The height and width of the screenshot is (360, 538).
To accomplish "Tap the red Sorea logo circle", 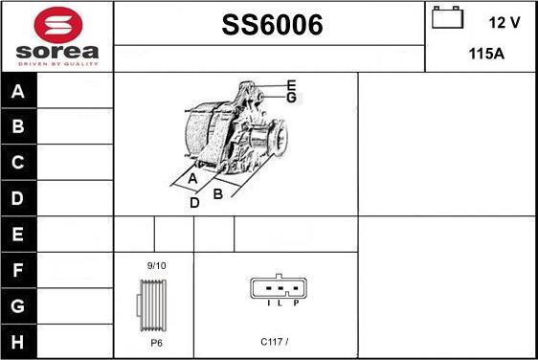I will [x=56, y=25].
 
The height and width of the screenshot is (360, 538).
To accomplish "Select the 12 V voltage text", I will [x=504, y=20].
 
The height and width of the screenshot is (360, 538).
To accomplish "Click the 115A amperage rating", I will [x=486, y=54].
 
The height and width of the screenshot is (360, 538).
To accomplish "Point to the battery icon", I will [x=447, y=18].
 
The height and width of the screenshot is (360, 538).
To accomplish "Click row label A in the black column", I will [x=18, y=92].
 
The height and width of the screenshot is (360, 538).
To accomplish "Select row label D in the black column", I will [x=18, y=199].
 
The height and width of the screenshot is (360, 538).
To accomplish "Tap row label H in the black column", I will [x=18, y=341].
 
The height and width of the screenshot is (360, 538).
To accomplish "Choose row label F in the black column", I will [x=18, y=271].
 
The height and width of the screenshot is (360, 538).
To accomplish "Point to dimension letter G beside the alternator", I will [x=291, y=97].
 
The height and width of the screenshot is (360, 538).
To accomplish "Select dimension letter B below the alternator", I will [x=218, y=193].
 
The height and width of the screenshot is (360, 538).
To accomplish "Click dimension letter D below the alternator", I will [x=194, y=203].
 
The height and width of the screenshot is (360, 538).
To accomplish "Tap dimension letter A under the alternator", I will [x=192, y=179].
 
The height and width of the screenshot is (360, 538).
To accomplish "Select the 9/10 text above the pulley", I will [x=156, y=265].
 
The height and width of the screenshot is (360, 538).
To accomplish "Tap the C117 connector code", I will [x=273, y=340].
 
